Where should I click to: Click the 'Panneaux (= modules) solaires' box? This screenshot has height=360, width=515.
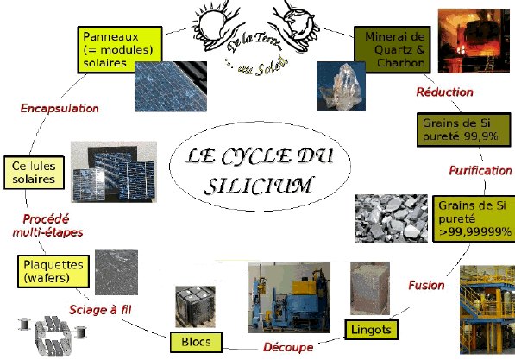point(120,49)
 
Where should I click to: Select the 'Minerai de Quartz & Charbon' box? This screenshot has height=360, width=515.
point(393,49)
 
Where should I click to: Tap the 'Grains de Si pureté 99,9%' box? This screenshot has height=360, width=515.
point(464,129)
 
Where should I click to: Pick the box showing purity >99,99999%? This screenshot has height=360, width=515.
point(474,218)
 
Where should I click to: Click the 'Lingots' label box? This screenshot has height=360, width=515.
point(371,330)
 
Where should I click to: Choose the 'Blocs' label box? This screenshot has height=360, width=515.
point(197,342)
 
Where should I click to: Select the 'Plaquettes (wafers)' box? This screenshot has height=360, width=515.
point(53,271)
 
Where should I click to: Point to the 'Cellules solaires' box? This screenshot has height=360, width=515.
point(34,173)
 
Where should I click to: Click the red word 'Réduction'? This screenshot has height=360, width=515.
point(445,92)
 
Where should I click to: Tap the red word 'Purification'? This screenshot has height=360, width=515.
point(480,171)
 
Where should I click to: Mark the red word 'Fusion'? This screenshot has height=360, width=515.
point(426,285)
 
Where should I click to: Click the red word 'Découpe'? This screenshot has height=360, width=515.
point(288,347)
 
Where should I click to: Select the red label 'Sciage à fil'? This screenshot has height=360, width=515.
point(100,309)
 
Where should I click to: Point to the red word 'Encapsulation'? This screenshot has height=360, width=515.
point(60,109)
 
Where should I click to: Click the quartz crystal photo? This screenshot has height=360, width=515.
point(341,86)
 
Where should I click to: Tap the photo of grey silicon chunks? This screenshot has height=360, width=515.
point(391,218)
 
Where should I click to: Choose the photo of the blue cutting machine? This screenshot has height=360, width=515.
point(289,298)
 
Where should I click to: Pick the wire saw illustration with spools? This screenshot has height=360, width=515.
point(53,335)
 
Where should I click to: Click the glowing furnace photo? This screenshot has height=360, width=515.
point(474,41)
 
